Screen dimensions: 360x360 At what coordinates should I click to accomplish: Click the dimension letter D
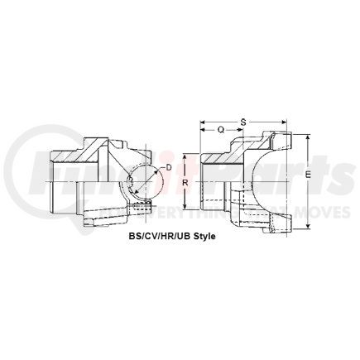click(170, 169)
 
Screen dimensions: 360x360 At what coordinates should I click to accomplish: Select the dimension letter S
click(242, 122)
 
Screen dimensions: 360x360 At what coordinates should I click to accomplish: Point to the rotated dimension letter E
click(308, 175)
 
